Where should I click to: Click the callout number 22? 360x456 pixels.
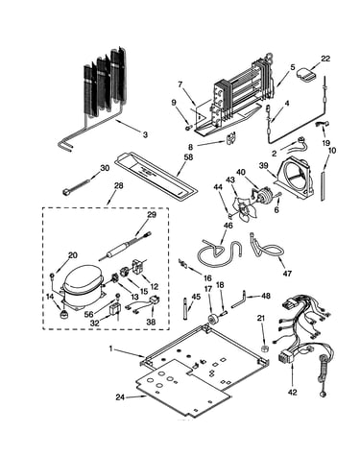point(325,59)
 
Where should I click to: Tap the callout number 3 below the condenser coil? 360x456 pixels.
point(145,134)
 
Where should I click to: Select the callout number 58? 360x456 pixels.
point(189,157)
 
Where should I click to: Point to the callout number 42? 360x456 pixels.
point(293,392)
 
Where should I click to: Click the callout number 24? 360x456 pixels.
point(120,397)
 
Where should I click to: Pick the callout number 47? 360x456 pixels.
point(287,274)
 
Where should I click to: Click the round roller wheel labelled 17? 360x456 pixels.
point(212,319)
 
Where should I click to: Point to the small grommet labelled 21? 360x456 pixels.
point(263,348)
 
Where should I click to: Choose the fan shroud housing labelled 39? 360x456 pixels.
point(295,176)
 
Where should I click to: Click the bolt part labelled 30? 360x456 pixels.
point(76,188)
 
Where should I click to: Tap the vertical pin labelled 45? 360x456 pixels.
point(186,308)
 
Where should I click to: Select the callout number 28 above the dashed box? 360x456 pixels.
point(118,186)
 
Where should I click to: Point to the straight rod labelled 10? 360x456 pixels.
point(323,186)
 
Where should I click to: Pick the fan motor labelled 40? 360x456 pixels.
point(263,196)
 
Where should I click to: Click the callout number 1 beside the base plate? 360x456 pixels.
point(111,348)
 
